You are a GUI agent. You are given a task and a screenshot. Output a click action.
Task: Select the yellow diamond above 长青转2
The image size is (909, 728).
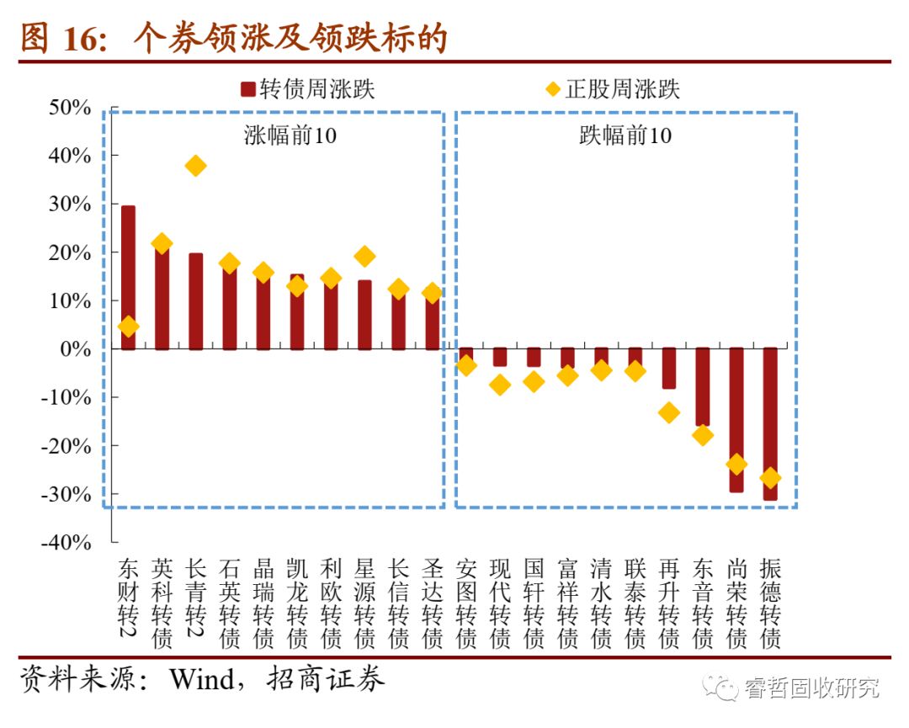tap(195, 166)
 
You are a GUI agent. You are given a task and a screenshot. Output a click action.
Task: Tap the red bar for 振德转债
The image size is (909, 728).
tap(770, 424)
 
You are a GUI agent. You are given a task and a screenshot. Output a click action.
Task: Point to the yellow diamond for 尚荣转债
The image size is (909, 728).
tap(736, 464)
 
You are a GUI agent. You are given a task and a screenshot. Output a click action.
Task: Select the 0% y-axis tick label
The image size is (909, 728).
tap(75, 348)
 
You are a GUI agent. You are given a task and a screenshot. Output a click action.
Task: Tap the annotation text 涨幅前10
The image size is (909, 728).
tap(290, 136)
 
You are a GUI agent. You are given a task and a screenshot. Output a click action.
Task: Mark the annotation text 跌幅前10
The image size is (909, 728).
tap(625, 136)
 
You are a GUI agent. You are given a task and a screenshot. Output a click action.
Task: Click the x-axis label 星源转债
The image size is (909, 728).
tap(364, 603)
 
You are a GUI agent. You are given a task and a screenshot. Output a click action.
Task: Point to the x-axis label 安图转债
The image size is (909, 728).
tap(465, 603)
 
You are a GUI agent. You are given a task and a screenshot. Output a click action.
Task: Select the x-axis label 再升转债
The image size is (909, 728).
tap(669, 603)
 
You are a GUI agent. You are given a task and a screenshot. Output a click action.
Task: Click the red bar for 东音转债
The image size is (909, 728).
tap(703, 387)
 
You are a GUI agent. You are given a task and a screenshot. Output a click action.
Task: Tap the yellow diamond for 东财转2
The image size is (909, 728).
tap(128, 327)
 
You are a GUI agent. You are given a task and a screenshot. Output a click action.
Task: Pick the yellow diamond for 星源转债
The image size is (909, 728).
tap(364, 256)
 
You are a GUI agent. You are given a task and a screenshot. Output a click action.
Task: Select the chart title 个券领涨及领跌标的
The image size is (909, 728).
tap(290, 38)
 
